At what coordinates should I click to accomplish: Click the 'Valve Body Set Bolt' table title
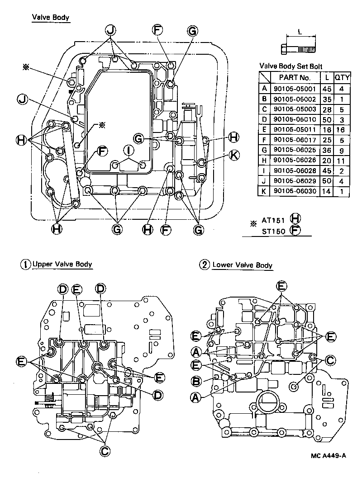coord(291,66)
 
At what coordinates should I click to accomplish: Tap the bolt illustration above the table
coord(299,47)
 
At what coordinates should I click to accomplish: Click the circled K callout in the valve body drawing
coord(233,155)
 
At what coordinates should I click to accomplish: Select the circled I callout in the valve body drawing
coord(129,150)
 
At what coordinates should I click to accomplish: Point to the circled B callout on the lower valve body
coord(196,382)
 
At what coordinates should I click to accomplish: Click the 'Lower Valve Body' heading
coord(242,265)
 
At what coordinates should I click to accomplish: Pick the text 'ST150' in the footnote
coord(273,231)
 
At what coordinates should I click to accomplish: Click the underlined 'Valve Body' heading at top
coord(50,18)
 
